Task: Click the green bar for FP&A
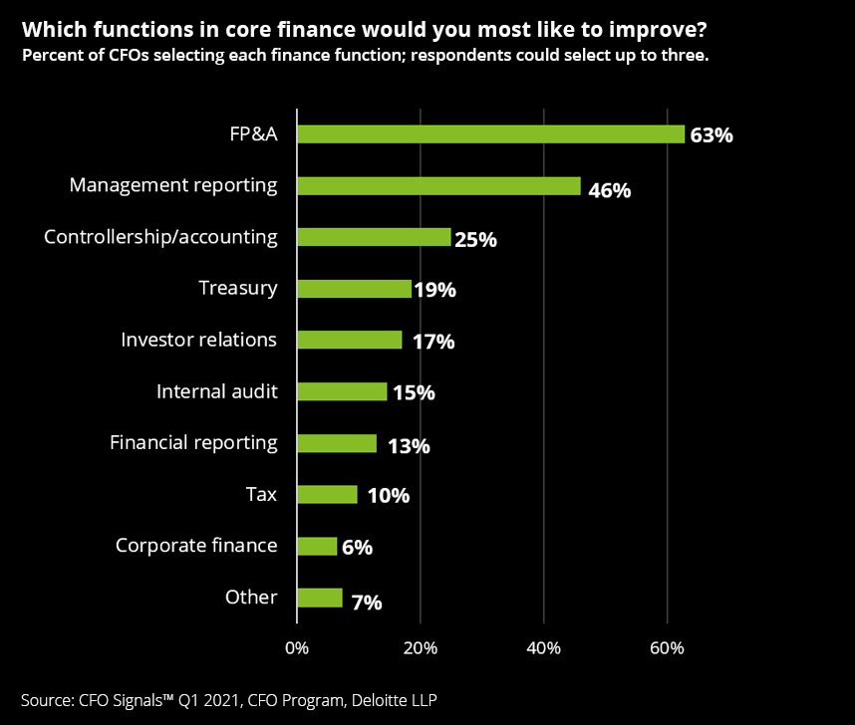click(x=490, y=133)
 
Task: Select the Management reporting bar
click(x=438, y=185)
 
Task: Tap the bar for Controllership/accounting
click(x=374, y=237)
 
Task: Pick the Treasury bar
click(x=354, y=289)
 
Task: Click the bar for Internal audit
click(x=342, y=391)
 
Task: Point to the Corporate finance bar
click(x=317, y=546)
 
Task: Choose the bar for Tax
click(x=327, y=494)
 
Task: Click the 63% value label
click(x=712, y=135)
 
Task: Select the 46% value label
click(x=609, y=189)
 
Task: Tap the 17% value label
click(x=433, y=343)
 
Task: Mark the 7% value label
click(x=365, y=603)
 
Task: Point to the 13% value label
click(x=409, y=446)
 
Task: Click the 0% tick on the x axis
click(x=297, y=648)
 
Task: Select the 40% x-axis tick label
click(x=543, y=648)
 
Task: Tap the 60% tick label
click(x=667, y=648)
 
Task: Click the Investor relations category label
click(x=198, y=340)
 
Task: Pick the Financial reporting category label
click(x=193, y=442)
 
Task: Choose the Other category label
click(x=251, y=597)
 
